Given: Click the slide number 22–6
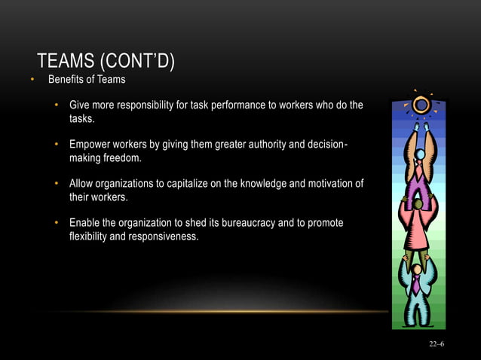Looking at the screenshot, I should point(437,343).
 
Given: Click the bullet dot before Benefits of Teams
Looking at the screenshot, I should point(32,80).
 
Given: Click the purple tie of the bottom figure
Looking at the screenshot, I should point(416,287).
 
